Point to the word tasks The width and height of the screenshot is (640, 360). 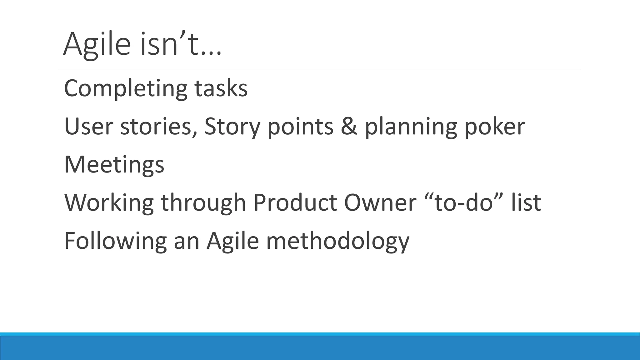221,89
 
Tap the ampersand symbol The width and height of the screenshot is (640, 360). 349,127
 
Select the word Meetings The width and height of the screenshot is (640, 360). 114,165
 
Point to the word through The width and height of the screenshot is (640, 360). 203,203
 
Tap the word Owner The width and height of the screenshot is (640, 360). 380,203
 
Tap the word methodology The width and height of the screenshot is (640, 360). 337,241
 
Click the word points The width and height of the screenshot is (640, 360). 300,127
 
